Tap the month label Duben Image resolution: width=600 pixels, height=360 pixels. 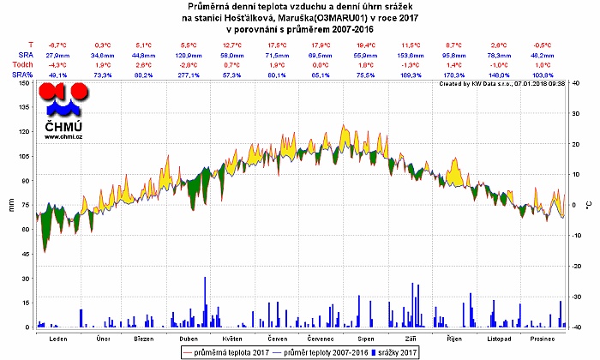189,338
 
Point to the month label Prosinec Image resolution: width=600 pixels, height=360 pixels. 542,338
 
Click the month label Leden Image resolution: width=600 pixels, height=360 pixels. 58,338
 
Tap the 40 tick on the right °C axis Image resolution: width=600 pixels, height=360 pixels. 575,82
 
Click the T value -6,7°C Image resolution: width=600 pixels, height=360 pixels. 58,44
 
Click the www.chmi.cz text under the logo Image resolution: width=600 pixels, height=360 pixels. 64,136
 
